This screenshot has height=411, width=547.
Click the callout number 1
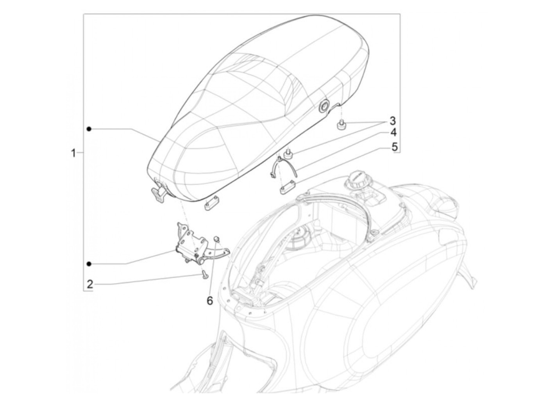[x=73, y=152]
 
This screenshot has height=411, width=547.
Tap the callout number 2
[x=90, y=284]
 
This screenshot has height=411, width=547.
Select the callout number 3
[x=392, y=120]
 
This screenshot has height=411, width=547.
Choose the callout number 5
[x=394, y=147]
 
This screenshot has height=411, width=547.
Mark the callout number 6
[x=209, y=300]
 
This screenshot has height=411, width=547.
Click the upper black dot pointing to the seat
[x=89, y=129]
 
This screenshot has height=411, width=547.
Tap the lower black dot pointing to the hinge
[x=89, y=264]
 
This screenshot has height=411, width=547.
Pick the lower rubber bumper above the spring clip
[x=290, y=155]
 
